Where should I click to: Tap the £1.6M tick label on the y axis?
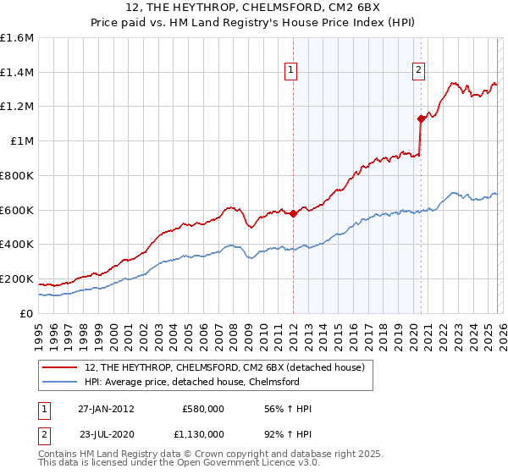pos(17,38)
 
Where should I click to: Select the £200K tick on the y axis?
pos(17,278)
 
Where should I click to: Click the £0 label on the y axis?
pos(27,313)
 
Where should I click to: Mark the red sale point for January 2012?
pos(293,213)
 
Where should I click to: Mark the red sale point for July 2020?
pos(420,118)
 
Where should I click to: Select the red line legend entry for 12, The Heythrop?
pos(224,367)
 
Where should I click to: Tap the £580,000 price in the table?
pos(203,409)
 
